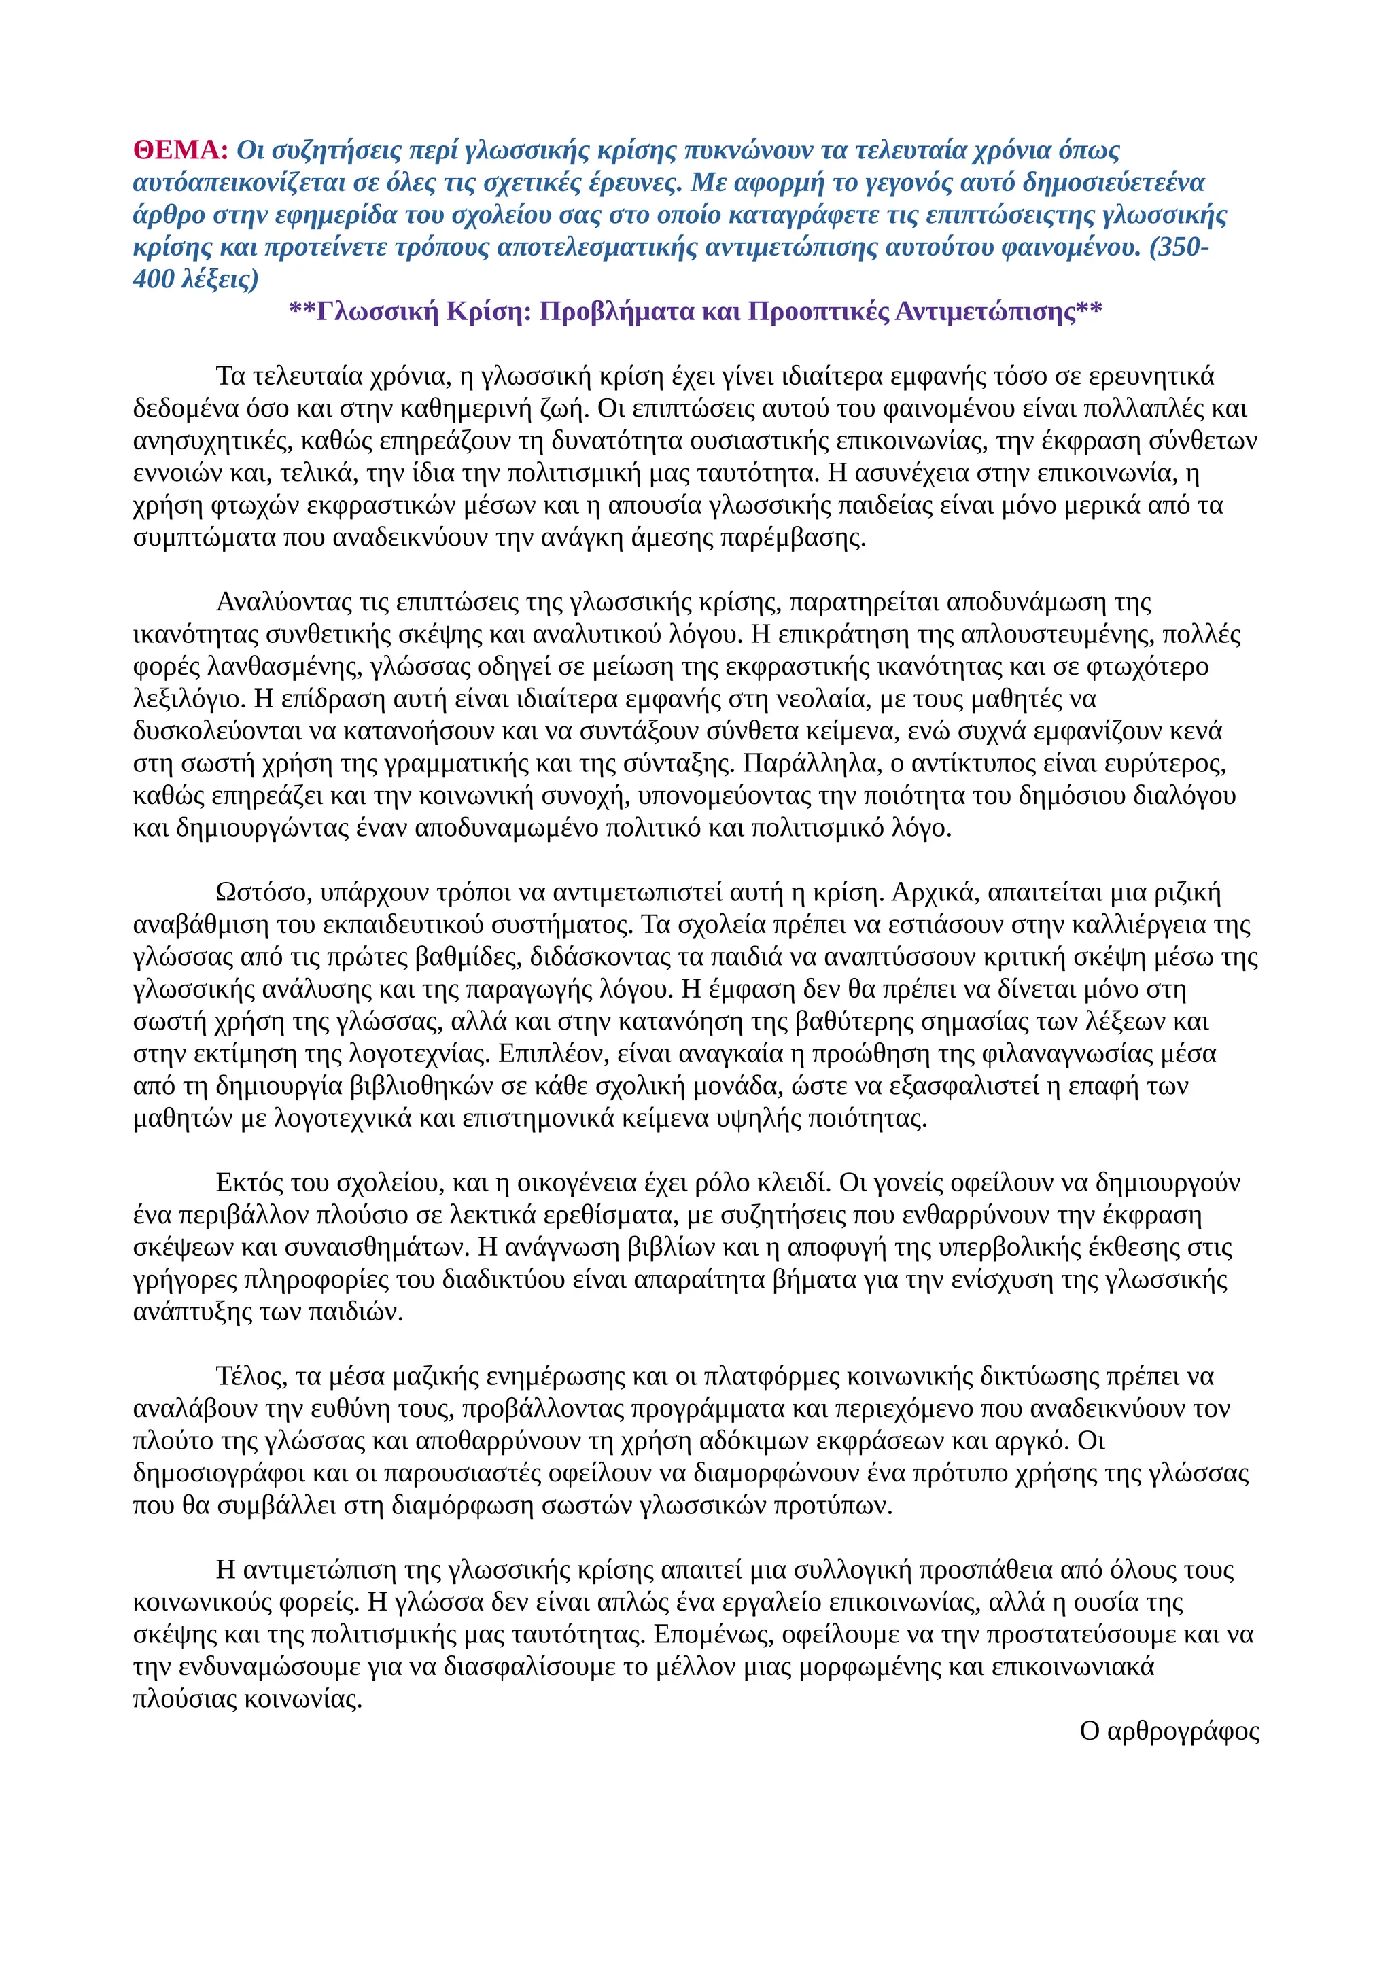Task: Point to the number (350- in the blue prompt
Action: (x=1178, y=248)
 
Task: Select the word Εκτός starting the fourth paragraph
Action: (x=249, y=1183)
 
